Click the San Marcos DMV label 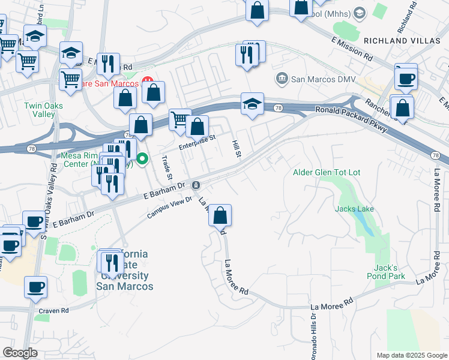(323, 79)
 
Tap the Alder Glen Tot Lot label (327, 172)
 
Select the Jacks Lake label (355, 209)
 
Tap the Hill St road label (237, 149)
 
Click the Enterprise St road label (197, 143)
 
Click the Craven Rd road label (54, 311)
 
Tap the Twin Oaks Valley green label (43, 110)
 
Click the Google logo (20, 353)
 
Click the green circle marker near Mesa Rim (143, 159)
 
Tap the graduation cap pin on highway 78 (253, 104)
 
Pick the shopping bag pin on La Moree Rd (220, 214)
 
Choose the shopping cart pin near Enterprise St (179, 119)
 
